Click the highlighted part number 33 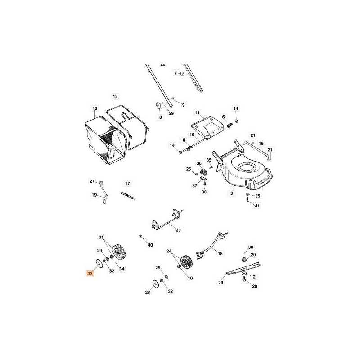coord(90,273)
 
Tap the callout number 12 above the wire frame coord(115,97)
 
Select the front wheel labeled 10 coord(186,262)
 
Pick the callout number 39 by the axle coord(178,230)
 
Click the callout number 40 coord(150,245)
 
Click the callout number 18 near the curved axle coord(220,254)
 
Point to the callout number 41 coord(257,206)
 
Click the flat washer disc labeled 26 coord(155,283)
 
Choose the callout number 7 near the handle coord(176,72)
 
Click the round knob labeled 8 coord(159,106)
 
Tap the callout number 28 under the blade coord(255,286)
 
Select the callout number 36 coord(198,163)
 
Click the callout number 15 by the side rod coord(261,144)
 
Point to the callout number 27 coord(92,181)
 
